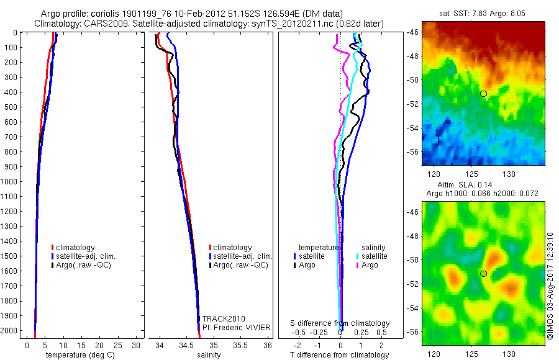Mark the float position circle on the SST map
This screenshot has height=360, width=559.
483,94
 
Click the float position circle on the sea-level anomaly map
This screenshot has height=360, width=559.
483,274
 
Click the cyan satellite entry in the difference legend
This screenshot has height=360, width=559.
373,256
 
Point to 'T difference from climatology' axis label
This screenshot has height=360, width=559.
340,355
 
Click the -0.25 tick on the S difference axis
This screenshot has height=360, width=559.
320,333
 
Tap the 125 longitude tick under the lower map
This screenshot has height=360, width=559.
471,354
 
